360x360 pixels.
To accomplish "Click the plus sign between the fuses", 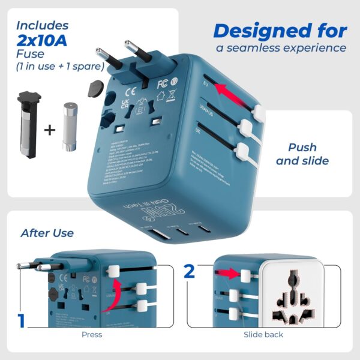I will coord(49,129).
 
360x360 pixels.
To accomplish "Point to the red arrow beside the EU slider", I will coord(233,91).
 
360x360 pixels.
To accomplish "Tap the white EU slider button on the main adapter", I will coord(259,112).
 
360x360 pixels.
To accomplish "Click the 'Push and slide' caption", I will coord(303,154).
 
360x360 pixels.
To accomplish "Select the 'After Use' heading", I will coord(47,233).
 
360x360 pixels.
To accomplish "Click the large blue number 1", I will coord(22,320).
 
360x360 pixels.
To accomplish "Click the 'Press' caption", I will coord(91,334).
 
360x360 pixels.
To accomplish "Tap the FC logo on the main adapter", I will coord(161,83).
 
